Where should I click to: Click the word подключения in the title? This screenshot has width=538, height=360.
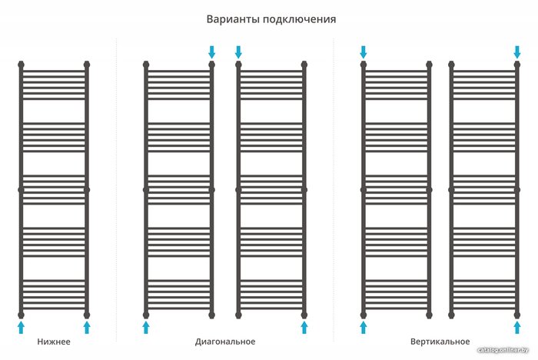pyautogui.click(x=300, y=20)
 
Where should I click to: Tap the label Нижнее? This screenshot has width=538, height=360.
pyautogui.click(x=54, y=342)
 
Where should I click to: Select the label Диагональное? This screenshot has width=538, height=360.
pyautogui.click(x=225, y=342)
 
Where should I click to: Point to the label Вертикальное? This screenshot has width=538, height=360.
pyautogui.click(x=440, y=342)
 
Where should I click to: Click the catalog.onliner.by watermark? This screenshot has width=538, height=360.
pyautogui.click(x=503, y=350)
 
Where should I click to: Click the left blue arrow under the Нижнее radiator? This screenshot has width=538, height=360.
pyautogui.click(x=22, y=328)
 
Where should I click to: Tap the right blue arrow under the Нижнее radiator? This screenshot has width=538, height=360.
pyautogui.click(x=87, y=328)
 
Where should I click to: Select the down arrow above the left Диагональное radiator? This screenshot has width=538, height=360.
pyautogui.click(x=211, y=52)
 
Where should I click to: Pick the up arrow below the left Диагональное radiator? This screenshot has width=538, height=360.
pyautogui.click(x=146, y=328)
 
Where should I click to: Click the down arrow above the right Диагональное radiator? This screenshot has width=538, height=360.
pyautogui.click(x=238, y=52)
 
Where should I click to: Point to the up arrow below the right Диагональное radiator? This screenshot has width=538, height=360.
pyautogui.click(x=304, y=328)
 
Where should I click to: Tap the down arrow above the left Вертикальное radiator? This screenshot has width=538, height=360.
pyautogui.click(x=364, y=52)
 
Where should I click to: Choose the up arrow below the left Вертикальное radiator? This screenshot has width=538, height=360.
pyautogui.click(x=364, y=328)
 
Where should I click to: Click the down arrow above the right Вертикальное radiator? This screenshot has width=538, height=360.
pyautogui.click(x=517, y=52)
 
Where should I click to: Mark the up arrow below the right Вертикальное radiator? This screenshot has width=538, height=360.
pyautogui.click(x=517, y=328)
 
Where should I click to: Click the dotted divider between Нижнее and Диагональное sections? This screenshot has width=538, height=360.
pyautogui.click(x=116, y=190)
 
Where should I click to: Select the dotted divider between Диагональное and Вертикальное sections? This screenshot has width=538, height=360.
pyautogui.click(x=333, y=190)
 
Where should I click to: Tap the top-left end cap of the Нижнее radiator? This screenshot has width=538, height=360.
pyautogui.click(x=22, y=65)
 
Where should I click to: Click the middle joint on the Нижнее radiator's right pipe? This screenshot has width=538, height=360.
pyautogui.click(x=87, y=190)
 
